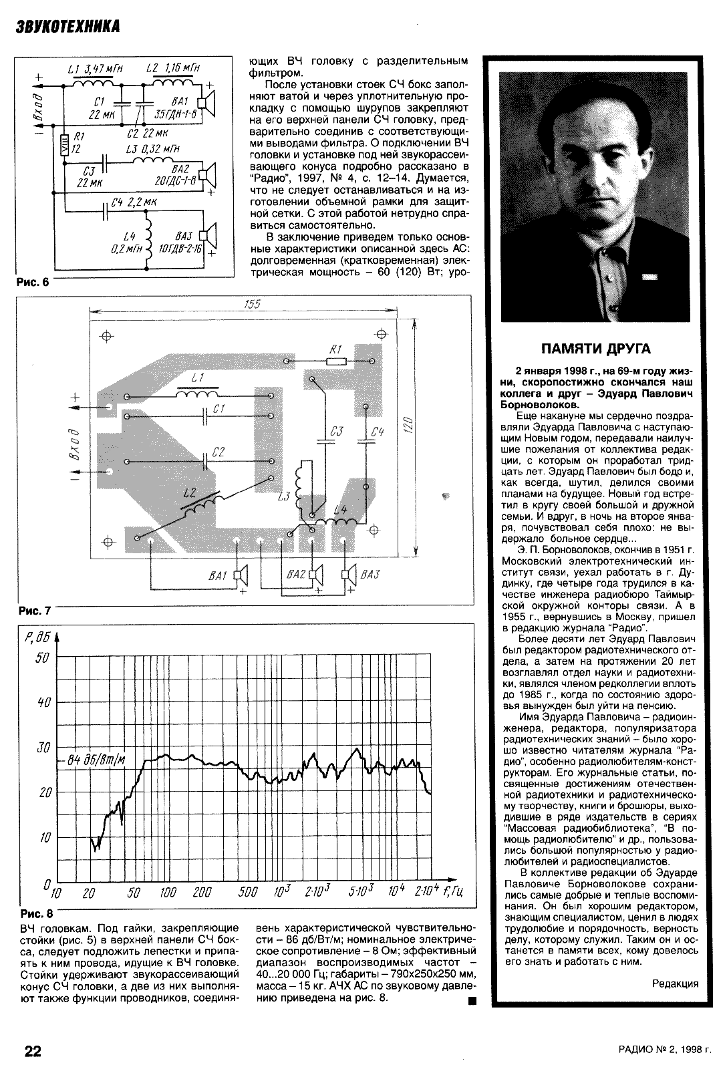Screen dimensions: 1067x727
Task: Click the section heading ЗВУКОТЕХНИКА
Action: point(67,27)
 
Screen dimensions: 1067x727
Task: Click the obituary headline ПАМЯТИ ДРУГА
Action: point(595,348)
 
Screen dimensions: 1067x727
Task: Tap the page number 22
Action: point(33,1051)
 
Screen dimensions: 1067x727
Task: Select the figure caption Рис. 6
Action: point(33,282)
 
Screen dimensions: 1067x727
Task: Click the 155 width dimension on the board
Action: point(252,304)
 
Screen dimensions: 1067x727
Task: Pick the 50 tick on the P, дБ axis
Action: point(43,657)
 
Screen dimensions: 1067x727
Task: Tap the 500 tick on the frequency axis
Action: point(248,893)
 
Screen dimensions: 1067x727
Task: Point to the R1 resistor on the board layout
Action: point(335,361)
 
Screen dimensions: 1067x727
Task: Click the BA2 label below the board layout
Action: point(295,575)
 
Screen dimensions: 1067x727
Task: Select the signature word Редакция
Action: point(675,983)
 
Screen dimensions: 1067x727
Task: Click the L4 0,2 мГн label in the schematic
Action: point(126,242)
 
